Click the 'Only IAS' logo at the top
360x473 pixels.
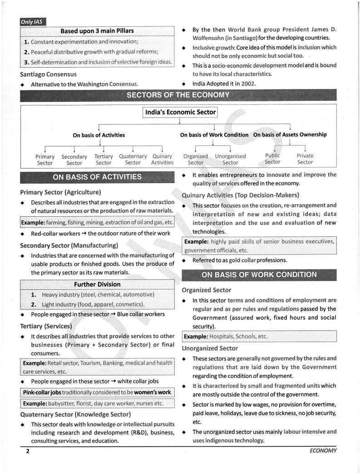coord(33,21)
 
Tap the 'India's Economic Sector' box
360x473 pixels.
coord(180,112)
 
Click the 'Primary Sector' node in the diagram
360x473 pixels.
coord(45,159)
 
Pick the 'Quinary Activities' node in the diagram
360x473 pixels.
coord(162,159)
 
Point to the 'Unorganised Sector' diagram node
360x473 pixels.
coord(230,159)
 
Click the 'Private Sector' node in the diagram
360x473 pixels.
coord(305,159)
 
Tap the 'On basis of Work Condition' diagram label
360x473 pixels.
coord(214,135)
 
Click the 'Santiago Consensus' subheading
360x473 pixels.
coord(49,74)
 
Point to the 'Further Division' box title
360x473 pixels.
coord(97,284)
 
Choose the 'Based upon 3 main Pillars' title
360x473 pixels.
coord(97,31)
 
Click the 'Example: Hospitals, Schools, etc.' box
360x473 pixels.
coord(259,337)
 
